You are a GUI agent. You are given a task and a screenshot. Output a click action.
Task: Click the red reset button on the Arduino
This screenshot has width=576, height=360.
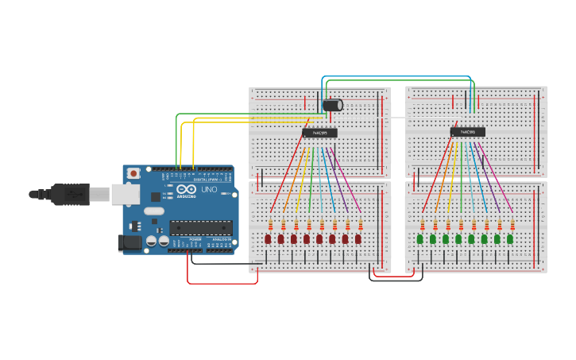coord(134,172)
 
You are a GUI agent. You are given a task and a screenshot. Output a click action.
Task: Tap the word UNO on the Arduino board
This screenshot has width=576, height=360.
coord(209,190)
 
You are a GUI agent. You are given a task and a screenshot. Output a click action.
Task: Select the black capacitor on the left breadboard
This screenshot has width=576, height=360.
coord(332,105)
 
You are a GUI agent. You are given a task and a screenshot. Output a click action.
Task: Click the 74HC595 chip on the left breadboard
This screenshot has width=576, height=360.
coord(319,133)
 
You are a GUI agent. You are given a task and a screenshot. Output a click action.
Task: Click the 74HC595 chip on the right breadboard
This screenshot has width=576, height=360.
coord(468,132)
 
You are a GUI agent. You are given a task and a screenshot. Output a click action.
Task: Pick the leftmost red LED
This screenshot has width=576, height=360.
coord(268,238)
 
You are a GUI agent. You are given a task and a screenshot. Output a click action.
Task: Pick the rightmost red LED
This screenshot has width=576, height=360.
coord(358,238)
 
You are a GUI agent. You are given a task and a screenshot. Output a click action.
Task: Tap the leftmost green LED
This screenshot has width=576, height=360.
coord(420,238)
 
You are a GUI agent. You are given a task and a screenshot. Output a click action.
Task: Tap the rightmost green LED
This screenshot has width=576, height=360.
coord(510,238)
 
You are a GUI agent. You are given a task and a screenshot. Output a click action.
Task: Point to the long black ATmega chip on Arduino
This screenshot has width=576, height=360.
coord(201,227)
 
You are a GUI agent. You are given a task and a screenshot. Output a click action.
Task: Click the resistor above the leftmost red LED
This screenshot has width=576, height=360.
coord(272,224)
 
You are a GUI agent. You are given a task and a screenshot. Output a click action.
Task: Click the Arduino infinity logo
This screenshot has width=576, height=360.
coord(186,190)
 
